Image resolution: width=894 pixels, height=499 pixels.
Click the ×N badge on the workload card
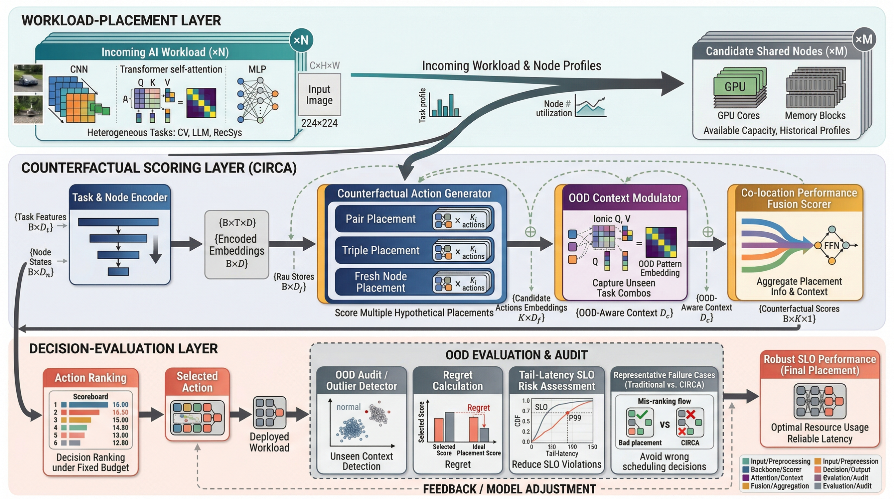[301, 40]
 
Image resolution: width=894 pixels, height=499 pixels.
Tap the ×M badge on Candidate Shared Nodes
[863, 39]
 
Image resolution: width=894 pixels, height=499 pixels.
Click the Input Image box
[319, 95]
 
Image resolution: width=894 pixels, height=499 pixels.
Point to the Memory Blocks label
[815, 116]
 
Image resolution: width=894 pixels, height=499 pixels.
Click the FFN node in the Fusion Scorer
[832, 246]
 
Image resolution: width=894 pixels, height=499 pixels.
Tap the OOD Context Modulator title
[624, 198]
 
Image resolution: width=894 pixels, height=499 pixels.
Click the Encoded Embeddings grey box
[237, 245]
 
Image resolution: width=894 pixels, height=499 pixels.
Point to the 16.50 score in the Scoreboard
[120, 412]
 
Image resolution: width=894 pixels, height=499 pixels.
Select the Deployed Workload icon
[269, 413]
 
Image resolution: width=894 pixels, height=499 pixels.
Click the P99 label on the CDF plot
[575, 417]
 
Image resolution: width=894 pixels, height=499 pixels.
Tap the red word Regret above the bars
[478, 407]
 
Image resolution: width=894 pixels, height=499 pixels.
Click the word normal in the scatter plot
[349, 407]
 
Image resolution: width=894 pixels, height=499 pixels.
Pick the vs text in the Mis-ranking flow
[665, 424]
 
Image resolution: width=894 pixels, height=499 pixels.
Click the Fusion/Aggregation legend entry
[776, 486]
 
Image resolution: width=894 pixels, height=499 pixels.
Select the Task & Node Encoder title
[120, 198]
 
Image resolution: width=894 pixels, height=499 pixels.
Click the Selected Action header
[197, 382]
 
